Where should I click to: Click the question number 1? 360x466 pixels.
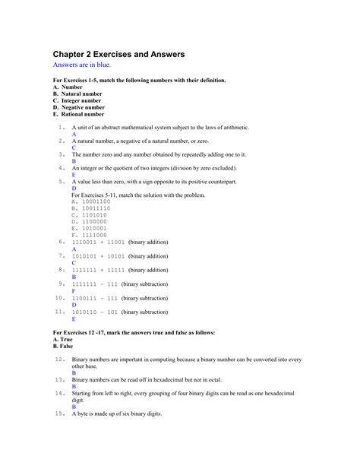point(62,127)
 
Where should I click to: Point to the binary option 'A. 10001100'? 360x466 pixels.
point(90,201)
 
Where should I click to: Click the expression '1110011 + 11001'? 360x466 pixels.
point(98,242)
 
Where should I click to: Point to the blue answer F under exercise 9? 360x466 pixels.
point(74,290)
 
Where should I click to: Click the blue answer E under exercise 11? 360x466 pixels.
point(74,319)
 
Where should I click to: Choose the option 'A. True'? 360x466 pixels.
point(68,339)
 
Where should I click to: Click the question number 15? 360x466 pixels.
point(60,414)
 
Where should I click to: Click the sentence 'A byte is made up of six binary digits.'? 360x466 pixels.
point(118,414)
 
